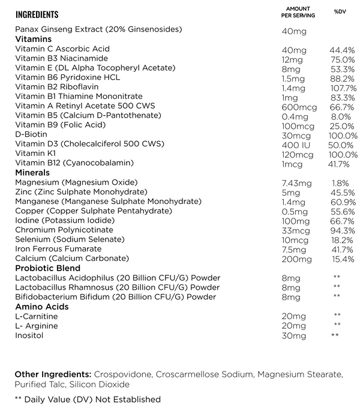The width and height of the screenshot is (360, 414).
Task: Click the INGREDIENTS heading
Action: coord(37,14)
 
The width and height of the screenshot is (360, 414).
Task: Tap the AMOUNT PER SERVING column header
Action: coord(298,12)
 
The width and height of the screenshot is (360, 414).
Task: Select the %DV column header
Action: coord(340,12)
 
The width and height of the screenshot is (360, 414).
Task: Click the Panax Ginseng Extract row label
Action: coord(98,29)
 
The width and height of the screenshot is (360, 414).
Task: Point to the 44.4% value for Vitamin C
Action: coord(342,49)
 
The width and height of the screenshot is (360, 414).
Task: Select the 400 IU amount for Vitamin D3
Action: coord(294,145)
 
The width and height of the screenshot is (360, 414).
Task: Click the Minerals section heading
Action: coord(32,173)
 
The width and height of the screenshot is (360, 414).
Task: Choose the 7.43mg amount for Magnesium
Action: coord(296,182)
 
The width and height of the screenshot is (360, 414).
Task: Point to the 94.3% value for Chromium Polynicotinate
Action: coord(343,230)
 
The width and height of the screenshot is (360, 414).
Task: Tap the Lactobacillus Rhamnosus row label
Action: coord(117,287)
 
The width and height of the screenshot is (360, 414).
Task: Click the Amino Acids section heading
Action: coord(41,307)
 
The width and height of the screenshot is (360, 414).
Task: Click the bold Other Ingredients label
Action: coord(53,374)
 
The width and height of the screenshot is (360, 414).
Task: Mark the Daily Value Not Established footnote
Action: coord(88,400)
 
